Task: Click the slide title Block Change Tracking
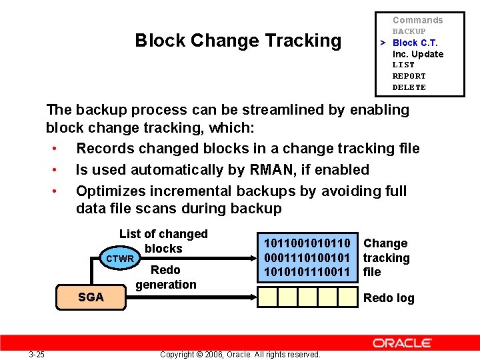[238, 41]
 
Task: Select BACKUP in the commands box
[409, 31]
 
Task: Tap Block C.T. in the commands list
[415, 43]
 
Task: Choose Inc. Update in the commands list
[417, 54]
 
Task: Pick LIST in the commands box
[403, 65]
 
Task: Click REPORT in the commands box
[409, 76]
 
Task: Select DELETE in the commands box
[409, 87]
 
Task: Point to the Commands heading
[417, 20]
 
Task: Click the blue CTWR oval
[120, 259]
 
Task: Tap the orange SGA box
[91, 297]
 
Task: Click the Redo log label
[389, 298]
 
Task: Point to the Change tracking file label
[386, 258]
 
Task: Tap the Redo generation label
[166, 277]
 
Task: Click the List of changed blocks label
[163, 241]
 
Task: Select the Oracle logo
[402, 343]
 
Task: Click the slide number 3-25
[37, 354]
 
